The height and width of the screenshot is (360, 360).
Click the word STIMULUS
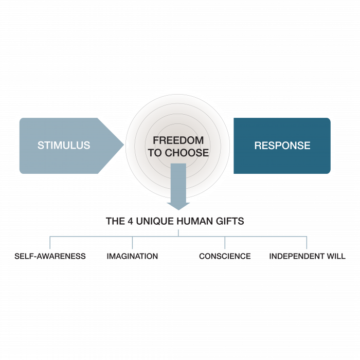[64, 146]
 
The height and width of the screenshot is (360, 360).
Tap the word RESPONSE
[282, 146]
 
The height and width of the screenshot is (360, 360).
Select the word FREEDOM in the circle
[178, 140]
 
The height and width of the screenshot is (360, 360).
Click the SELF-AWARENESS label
[50, 256]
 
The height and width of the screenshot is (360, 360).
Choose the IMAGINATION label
[132, 256]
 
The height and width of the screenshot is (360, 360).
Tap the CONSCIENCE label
[225, 256]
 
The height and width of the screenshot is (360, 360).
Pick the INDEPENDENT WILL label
[307, 256]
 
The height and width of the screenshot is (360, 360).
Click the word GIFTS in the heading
[230, 222]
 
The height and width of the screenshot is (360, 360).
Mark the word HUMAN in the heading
[194, 222]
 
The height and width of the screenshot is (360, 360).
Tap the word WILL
[336, 256]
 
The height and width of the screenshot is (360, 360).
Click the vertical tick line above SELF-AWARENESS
[50, 243]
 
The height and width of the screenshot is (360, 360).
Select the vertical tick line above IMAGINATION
[132, 243]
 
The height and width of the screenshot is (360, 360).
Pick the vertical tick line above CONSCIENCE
[225, 243]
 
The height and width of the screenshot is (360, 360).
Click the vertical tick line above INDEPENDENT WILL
[307, 243]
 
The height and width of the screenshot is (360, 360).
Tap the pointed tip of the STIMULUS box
[123, 146]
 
